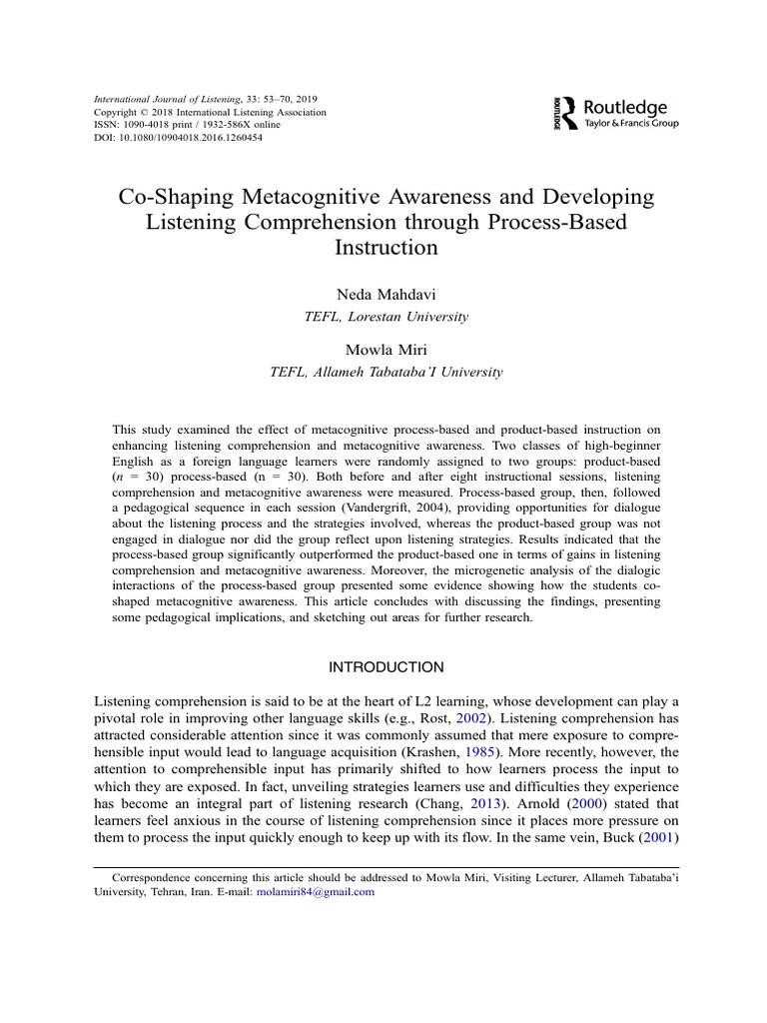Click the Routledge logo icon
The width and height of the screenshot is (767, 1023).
point(565,113)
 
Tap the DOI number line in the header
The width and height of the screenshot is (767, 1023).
point(177,138)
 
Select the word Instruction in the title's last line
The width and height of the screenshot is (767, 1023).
point(383,247)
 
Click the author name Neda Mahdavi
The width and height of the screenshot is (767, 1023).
point(384,295)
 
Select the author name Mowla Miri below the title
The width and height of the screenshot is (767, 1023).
point(384,351)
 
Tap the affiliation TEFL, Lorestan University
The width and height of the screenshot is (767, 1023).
point(384,316)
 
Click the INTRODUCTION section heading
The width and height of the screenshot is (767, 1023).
point(384,666)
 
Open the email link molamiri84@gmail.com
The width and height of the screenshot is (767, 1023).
point(316,891)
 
